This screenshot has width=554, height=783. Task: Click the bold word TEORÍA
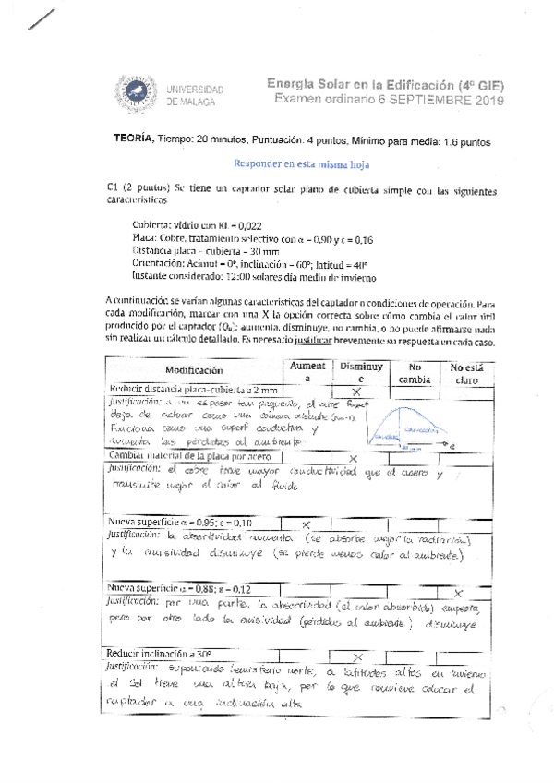pyautogui.click(x=133, y=141)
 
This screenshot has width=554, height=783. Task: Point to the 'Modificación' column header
pyautogui.click(x=194, y=369)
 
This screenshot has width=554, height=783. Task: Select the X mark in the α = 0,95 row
pyautogui.click(x=306, y=524)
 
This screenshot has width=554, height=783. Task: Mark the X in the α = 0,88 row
pyautogui.click(x=459, y=591)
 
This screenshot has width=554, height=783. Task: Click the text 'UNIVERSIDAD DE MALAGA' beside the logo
pyautogui.click(x=196, y=93)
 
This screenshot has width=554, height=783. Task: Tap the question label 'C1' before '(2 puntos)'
pyautogui.click(x=114, y=190)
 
